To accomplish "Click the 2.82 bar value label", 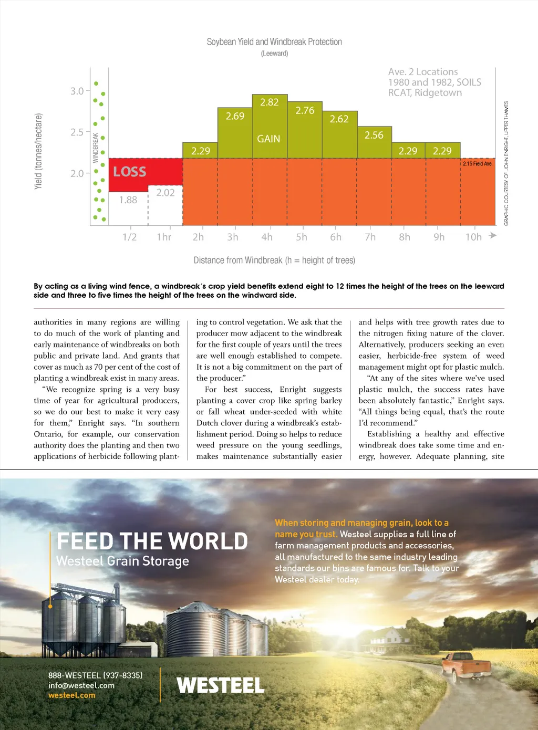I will tap(269, 102).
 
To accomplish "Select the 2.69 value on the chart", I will tap(235, 116).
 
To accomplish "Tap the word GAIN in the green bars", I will tap(268, 139).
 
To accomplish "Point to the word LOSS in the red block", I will tap(130, 172).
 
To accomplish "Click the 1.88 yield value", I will tap(128, 200).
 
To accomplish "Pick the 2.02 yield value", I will tap(165, 193).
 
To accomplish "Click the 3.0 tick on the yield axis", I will tap(77, 91).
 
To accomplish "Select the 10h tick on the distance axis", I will tap(473, 237).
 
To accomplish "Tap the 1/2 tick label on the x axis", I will tap(129, 237).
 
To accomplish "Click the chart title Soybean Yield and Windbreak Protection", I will tap(274, 42).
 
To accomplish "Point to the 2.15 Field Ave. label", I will tap(478, 164).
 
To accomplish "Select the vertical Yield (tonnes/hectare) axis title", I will tap(38, 151).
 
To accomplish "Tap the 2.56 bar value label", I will tap(374, 135).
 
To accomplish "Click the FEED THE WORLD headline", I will tap(152, 541).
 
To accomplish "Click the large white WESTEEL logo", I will tap(221, 685).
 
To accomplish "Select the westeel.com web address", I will tap(72, 695).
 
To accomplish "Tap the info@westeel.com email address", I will tap(81, 685).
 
